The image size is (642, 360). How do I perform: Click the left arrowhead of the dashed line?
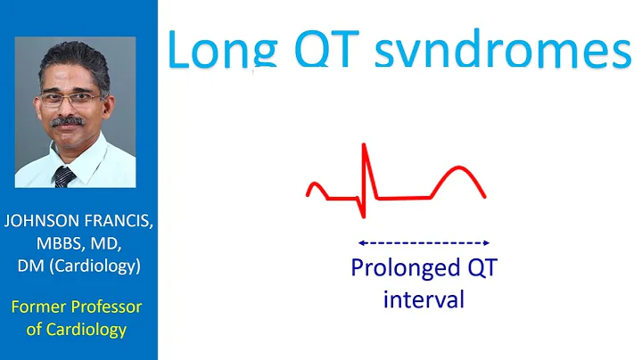[358, 242]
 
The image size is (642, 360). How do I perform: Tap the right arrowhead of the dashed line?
[487, 242]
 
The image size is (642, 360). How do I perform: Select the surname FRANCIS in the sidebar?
[119, 223]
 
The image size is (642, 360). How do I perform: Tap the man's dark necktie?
[64, 176]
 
